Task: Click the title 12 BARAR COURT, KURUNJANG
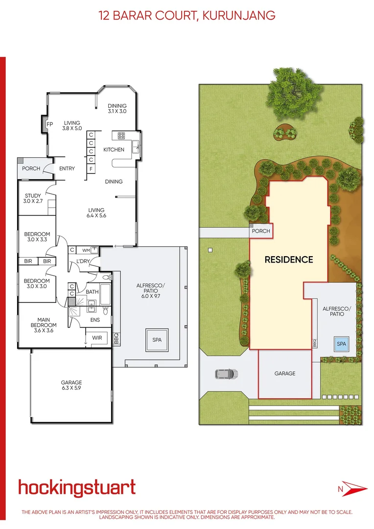point(187,16)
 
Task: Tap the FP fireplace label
point(49,124)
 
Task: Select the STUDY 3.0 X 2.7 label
point(33,198)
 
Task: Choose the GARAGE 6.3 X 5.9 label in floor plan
point(71,385)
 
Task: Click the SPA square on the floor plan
point(157,339)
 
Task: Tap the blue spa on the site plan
point(341,344)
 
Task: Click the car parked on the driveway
point(226,374)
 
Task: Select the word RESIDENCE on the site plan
point(288,260)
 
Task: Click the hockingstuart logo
point(77,488)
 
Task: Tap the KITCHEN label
point(114,149)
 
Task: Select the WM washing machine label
point(86,250)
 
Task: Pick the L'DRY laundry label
point(83,262)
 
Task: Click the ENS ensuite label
point(95,320)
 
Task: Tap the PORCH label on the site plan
point(260,231)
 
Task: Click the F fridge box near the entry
point(91,169)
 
